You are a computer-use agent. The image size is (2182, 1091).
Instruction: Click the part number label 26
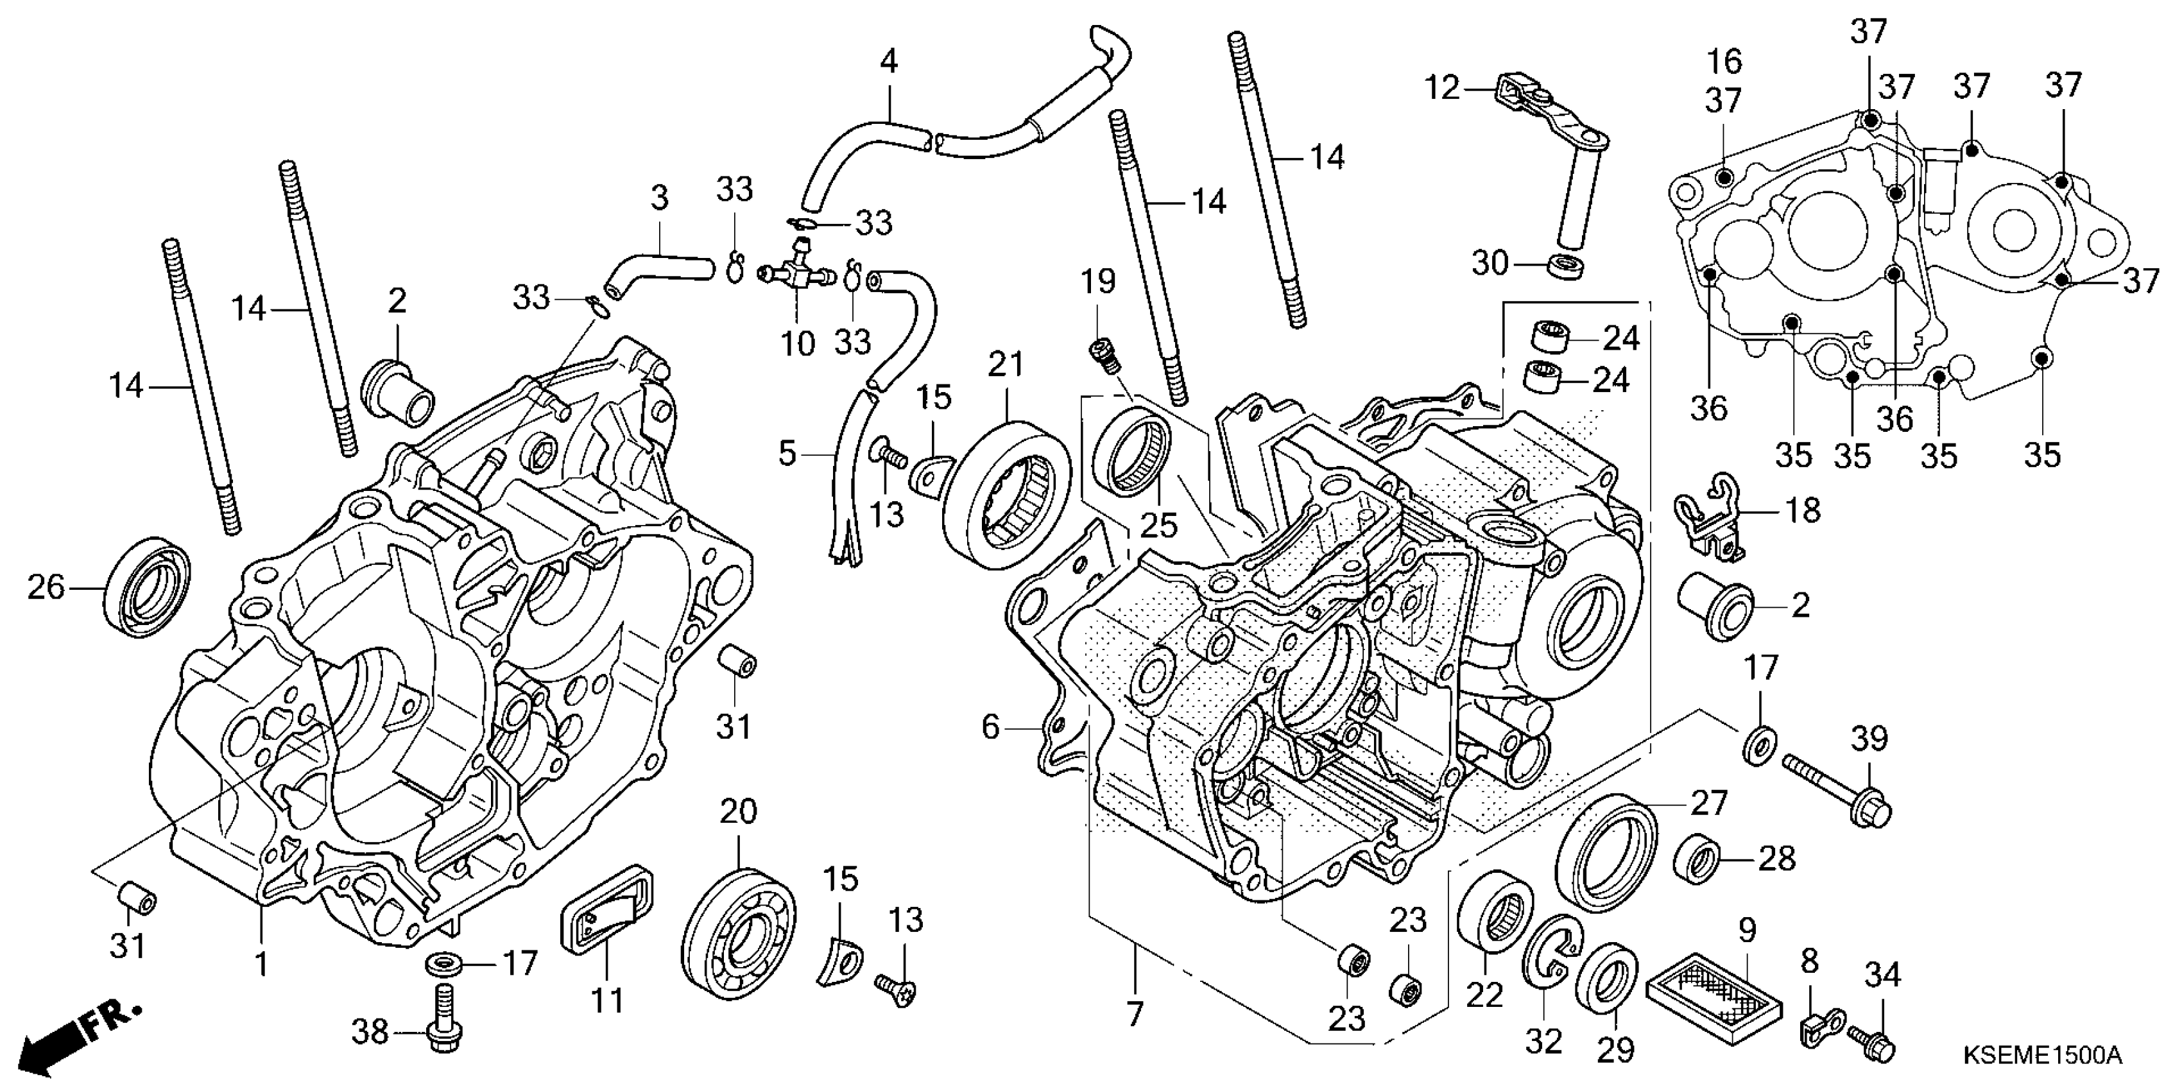46,587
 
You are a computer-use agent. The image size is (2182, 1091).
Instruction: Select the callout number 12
1443,87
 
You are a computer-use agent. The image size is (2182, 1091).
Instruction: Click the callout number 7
1135,1013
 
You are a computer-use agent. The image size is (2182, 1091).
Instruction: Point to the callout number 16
1724,62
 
